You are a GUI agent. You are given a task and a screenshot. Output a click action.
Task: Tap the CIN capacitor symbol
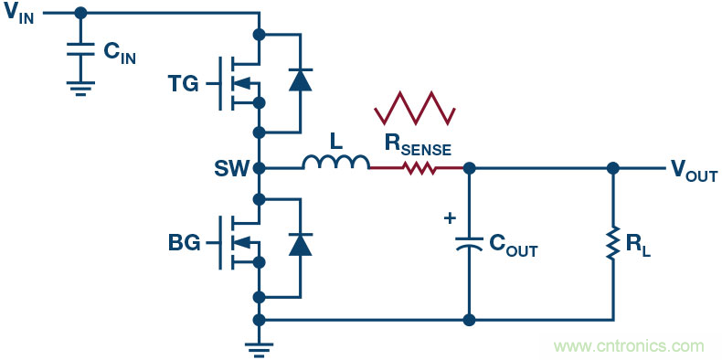(x=80, y=55)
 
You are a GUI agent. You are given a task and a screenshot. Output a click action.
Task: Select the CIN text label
(x=120, y=54)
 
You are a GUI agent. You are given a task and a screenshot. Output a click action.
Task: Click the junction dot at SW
(x=260, y=168)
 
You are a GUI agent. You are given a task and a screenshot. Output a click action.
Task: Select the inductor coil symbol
(x=335, y=163)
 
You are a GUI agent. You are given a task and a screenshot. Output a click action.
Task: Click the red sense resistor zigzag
(x=418, y=168)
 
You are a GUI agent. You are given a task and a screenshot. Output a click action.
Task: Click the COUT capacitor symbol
(x=469, y=246)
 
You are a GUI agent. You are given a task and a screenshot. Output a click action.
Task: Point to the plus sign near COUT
(x=449, y=219)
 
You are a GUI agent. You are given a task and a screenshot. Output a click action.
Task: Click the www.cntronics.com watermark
(x=629, y=346)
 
